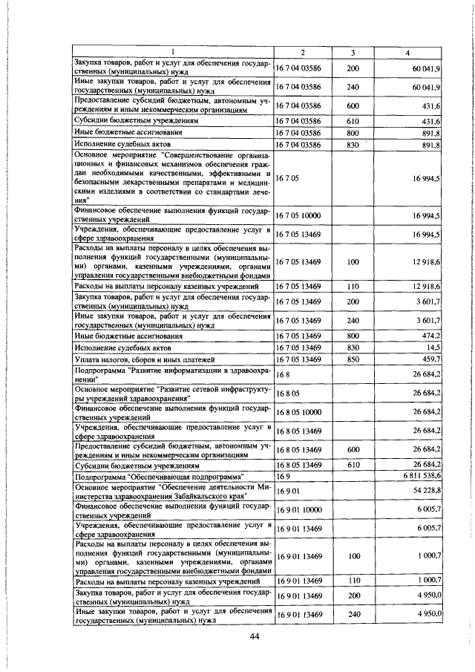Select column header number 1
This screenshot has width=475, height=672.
click(x=172, y=51)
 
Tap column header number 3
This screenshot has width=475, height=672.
click(x=353, y=51)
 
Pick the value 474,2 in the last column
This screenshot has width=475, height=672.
click(x=430, y=336)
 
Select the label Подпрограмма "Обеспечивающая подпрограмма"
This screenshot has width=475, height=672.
click(x=160, y=475)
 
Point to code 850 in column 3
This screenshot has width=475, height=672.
click(x=353, y=360)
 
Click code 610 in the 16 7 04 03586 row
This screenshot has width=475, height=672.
click(x=353, y=120)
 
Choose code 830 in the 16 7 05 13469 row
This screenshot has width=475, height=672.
click(x=353, y=348)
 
